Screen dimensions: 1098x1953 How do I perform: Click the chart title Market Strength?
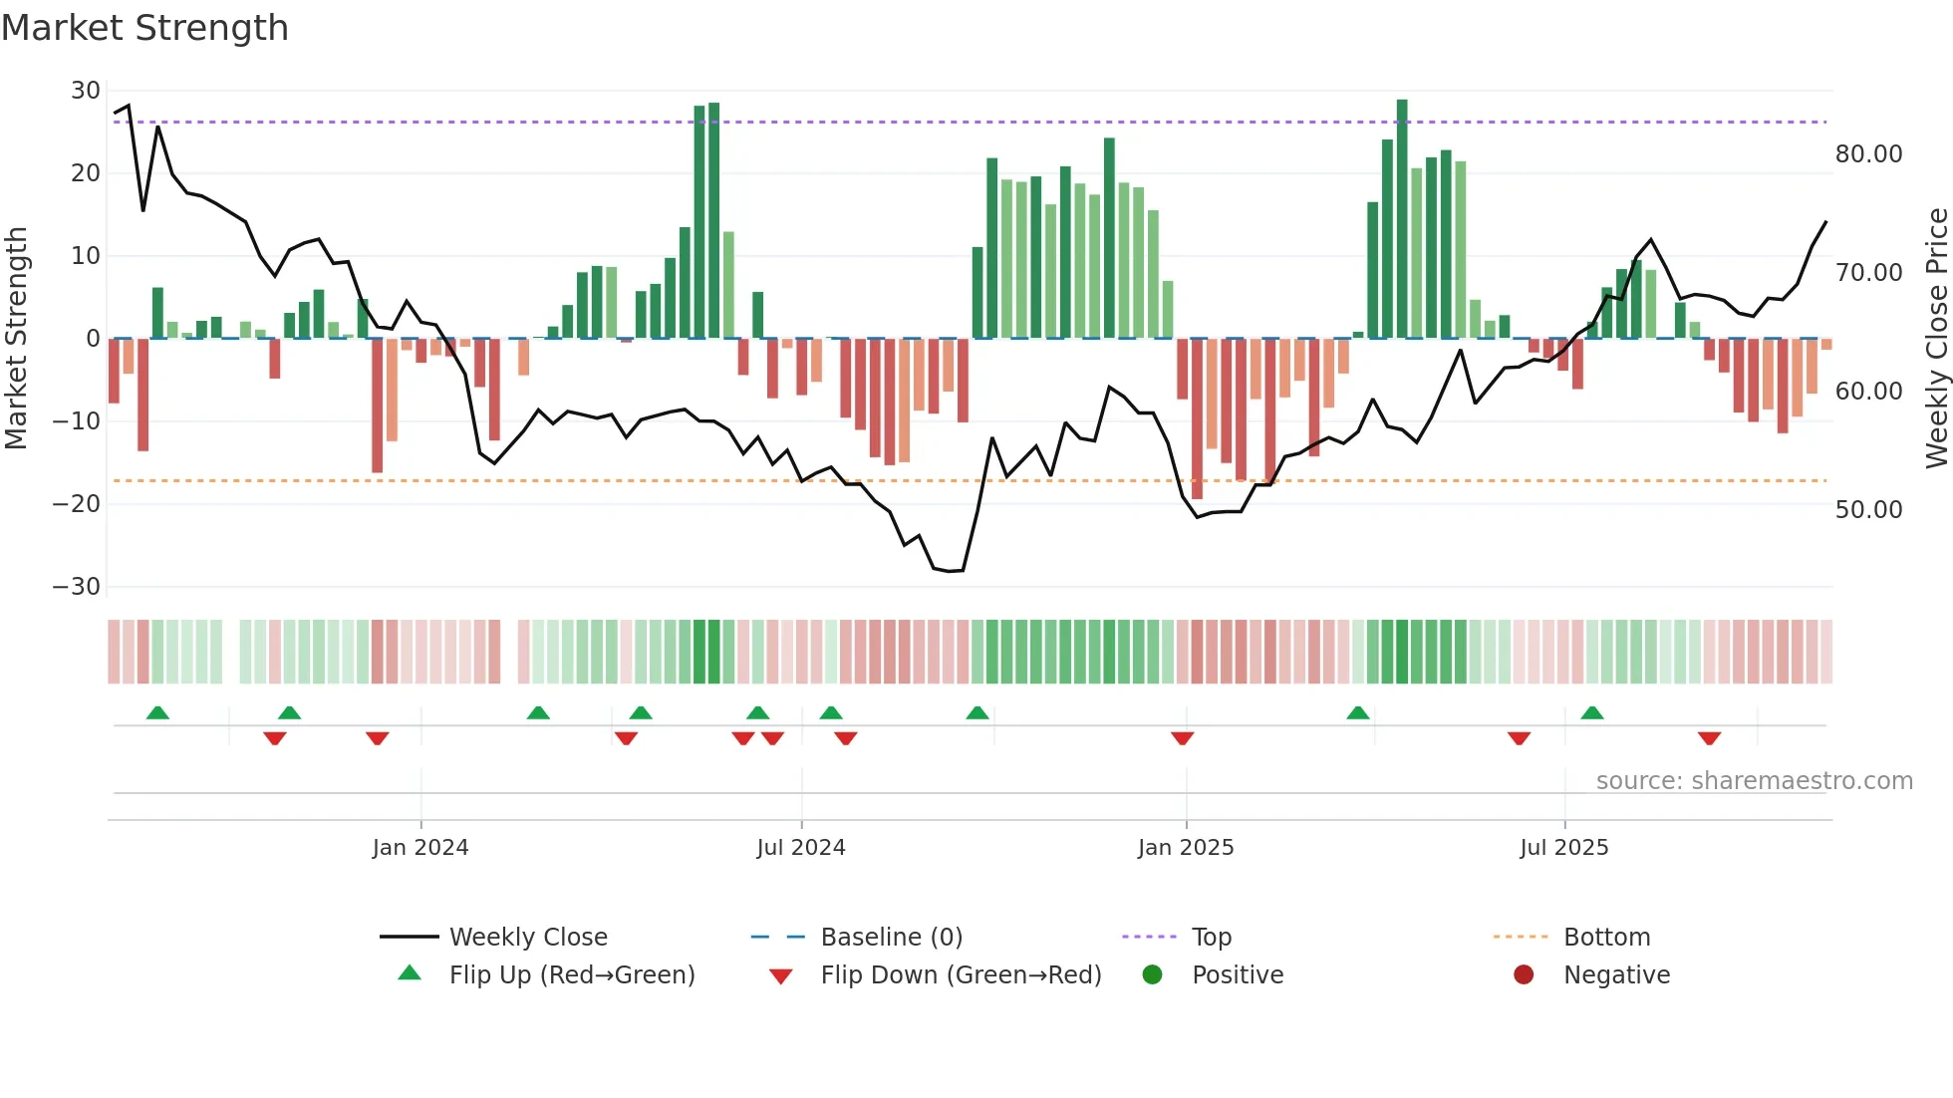144,28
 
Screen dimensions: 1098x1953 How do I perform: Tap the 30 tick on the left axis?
85,91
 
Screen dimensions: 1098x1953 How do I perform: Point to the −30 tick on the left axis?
77,587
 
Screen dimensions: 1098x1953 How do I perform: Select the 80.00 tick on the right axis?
1868,154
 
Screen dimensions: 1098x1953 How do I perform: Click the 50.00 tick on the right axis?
1868,510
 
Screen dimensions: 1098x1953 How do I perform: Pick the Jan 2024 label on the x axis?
419,848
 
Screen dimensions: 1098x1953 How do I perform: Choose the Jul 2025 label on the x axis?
1563,848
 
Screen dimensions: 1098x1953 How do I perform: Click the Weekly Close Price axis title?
1936,339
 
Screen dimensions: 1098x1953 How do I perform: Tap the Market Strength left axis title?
17,339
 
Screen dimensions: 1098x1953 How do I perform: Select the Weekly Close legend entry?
527,938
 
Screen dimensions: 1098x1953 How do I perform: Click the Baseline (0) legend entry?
891,938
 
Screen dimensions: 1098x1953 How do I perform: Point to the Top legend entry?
1211,938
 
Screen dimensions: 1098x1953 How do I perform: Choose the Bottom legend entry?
1606,938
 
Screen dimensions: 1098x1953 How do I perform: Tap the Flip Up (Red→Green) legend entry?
571,975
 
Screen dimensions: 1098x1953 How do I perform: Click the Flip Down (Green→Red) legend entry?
961,975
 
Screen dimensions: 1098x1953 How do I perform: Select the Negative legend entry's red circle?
1524,974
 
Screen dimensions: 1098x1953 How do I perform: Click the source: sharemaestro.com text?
1754,781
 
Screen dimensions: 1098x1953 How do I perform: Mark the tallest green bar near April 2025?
1402,219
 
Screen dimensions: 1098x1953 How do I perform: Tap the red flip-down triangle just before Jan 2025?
1183,738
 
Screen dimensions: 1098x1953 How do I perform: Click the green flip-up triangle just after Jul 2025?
1592,712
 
